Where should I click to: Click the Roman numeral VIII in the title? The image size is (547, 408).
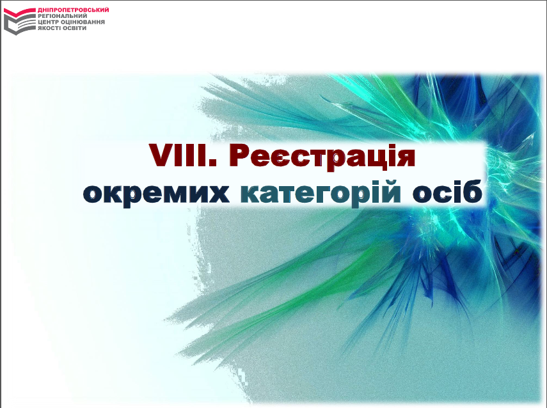point(182,155)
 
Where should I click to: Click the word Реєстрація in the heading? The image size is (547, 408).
point(322,157)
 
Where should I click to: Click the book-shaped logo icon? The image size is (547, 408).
point(20,22)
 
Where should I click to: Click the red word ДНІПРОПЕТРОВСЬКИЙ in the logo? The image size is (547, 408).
point(74,10)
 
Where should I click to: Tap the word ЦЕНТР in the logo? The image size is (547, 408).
point(48,22)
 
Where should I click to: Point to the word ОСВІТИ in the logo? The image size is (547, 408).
point(75,28)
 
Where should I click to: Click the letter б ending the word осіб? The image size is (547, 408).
point(473,191)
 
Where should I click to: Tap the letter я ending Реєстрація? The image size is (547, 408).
point(406,159)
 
